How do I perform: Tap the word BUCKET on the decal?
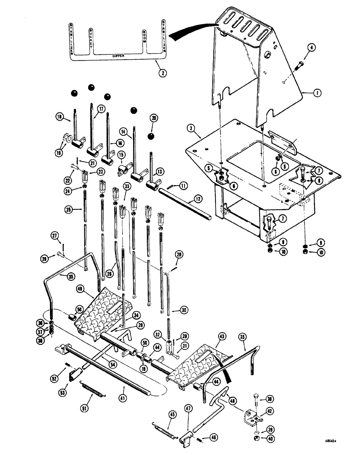(x=91, y=38)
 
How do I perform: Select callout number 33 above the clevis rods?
(x=127, y=186)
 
